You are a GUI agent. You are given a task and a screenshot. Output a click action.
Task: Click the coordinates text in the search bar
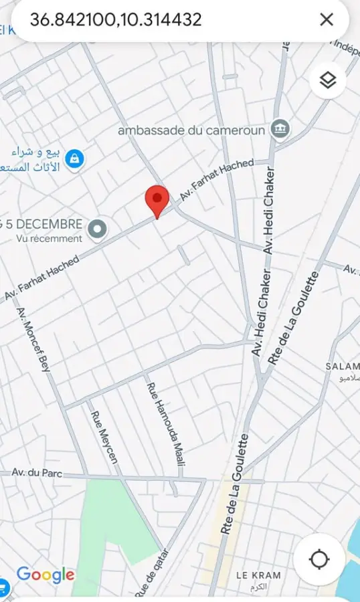[116, 20]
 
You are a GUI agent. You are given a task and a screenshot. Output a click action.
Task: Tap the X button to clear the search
[327, 19]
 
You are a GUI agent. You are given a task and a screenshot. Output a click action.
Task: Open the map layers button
[327, 81]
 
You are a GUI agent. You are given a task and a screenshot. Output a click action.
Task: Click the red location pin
[157, 199]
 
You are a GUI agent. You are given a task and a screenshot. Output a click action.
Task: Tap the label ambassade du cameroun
[191, 130]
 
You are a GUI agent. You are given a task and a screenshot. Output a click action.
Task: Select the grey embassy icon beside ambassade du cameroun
[280, 130]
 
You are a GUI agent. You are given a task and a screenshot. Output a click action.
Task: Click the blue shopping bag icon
[75, 158]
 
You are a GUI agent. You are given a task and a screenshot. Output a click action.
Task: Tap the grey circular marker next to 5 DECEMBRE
[98, 229]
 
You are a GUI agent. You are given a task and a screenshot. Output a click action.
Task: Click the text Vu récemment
[49, 238]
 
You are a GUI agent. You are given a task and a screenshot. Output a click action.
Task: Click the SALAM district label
[342, 367]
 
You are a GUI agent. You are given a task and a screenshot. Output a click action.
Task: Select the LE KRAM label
[258, 575]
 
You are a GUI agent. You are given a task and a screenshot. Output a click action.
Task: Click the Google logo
[45, 575]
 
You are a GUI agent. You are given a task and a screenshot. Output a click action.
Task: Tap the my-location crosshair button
[319, 559]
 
